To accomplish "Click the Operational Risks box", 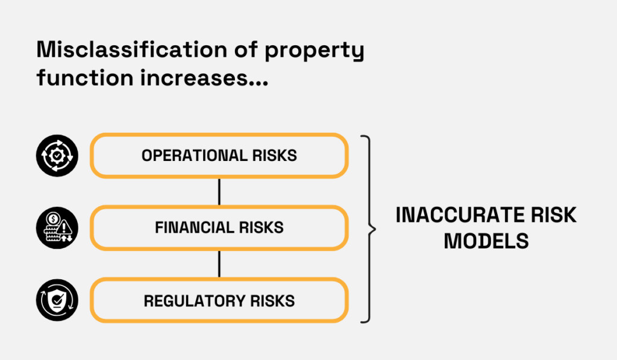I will [x=219, y=156].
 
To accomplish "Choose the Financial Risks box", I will [x=219, y=228].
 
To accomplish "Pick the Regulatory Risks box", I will [x=219, y=300].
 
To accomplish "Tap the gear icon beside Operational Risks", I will [x=57, y=156].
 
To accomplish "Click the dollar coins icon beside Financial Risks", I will [x=57, y=228].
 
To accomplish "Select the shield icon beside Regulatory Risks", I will [x=57, y=300].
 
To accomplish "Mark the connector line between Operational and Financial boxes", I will [x=219, y=192].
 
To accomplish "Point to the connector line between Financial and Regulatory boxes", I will [x=219, y=264].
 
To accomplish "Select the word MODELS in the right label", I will [x=486, y=241].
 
